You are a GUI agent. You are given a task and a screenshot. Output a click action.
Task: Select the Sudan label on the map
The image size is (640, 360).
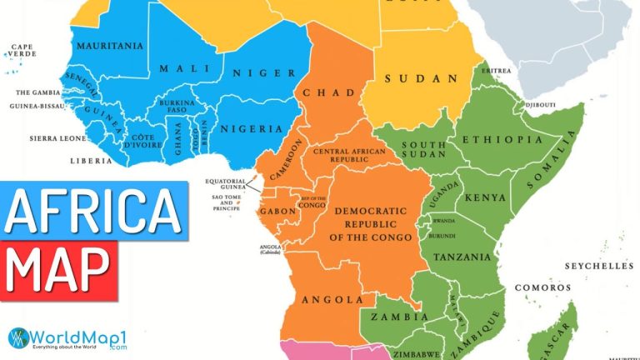[422, 79]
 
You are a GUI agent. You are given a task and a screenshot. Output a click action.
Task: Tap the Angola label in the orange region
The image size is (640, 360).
[332, 299]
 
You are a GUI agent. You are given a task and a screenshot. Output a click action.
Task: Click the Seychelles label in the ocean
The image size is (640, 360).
[598, 266]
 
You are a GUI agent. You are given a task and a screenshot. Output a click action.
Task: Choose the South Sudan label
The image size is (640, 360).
[420, 150]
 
